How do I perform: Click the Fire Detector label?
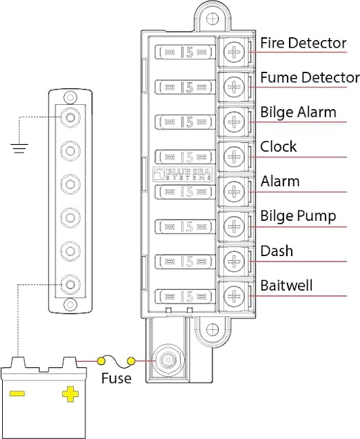[x=303, y=43]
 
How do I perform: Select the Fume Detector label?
[x=309, y=78]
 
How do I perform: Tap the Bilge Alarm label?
[x=298, y=113]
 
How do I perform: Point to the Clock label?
[x=278, y=147]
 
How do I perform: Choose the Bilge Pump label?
[x=297, y=217]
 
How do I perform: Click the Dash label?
[x=276, y=251]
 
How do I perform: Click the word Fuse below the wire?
[x=116, y=379]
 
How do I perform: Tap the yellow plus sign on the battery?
[x=70, y=394]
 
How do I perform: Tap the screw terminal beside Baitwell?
[x=234, y=296]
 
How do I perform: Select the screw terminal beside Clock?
[x=234, y=156]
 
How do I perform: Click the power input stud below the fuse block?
[x=166, y=360]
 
